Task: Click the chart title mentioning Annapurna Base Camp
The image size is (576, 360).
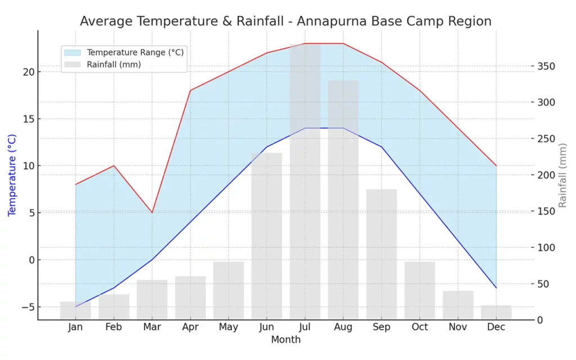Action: (x=285, y=21)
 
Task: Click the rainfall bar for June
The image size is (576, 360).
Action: (x=267, y=236)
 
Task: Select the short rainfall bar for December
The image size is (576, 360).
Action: (x=496, y=313)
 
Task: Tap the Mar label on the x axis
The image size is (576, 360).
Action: (x=152, y=327)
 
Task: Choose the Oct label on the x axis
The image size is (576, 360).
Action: (x=420, y=327)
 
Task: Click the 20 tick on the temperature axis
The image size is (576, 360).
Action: (x=28, y=72)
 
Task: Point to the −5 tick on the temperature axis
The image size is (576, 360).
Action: (x=26, y=307)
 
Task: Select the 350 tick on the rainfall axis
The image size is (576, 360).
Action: (x=545, y=66)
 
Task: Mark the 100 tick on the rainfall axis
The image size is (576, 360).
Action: (x=545, y=247)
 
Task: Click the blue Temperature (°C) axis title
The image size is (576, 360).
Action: (x=12, y=175)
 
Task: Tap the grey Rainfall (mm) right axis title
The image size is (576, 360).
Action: (x=562, y=175)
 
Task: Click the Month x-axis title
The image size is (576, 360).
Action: (x=286, y=340)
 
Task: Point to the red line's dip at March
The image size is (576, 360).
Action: (x=152, y=213)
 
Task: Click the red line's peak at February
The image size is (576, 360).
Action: (x=114, y=165)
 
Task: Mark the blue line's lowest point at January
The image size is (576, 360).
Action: (x=75, y=307)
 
